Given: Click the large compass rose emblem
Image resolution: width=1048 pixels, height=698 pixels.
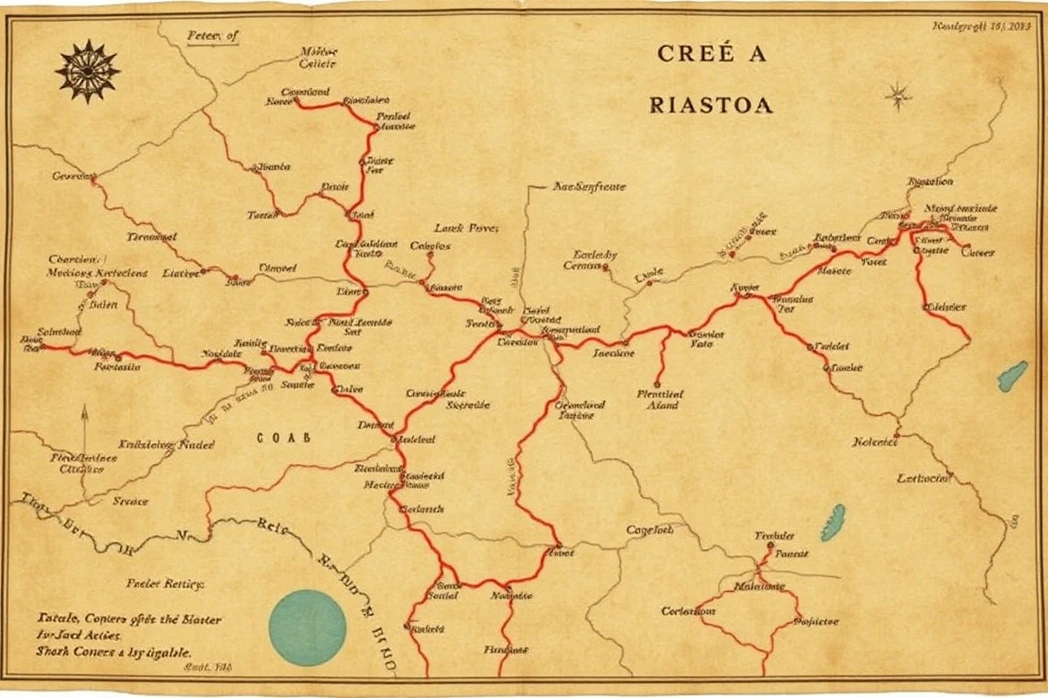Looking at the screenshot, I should [x=87, y=71].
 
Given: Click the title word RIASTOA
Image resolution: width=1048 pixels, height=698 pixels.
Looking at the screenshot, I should [x=711, y=106].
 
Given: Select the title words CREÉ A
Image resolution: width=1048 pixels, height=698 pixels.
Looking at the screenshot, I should [x=711, y=54].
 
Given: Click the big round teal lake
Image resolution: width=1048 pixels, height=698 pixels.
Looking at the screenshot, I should [x=307, y=628].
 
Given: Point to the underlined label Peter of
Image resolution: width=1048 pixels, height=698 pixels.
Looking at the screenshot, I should [x=213, y=36].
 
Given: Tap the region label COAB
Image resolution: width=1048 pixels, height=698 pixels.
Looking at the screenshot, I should [x=283, y=437].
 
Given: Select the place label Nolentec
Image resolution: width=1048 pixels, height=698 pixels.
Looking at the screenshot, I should [x=874, y=442].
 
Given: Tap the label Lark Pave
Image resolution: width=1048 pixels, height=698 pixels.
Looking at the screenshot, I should [x=467, y=227].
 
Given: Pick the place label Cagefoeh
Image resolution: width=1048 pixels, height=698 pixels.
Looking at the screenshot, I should [x=651, y=530].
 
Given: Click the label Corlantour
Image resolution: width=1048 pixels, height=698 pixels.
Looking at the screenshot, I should [x=689, y=612].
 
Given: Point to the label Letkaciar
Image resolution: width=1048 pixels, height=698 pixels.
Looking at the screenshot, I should [x=925, y=479].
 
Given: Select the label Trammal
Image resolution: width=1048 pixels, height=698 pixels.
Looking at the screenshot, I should [x=152, y=237].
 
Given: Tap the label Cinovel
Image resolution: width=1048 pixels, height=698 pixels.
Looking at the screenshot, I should [x=278, y=268].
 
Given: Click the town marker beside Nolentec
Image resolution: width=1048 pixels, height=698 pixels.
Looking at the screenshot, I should [x=897, y=435].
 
